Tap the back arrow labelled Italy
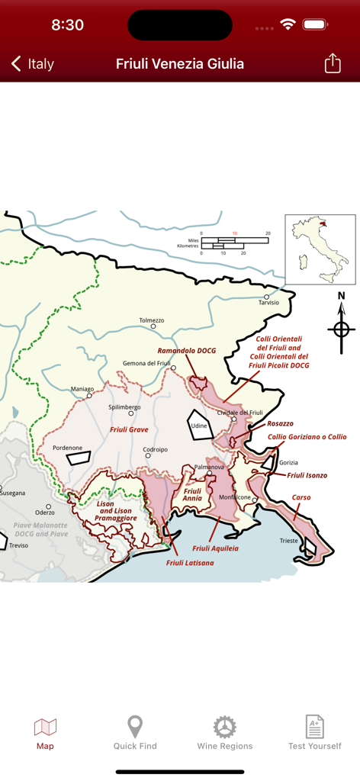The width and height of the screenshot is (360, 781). coord(32,64)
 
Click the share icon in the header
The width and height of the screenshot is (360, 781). coord(333,63)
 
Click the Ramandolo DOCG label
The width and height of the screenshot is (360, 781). coord(187,351)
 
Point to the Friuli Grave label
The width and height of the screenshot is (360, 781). coord(129,429)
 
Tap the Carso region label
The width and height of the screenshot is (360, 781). coord(301,497)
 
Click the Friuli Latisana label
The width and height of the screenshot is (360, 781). coord(190,563)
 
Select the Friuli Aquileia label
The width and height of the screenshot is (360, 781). coord(215,548)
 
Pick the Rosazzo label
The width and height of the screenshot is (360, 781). coord(280,423)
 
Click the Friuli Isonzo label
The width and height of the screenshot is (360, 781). coord(307,475)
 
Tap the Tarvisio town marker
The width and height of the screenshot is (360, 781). coord(267,297)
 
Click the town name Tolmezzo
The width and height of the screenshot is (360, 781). coord(152,320)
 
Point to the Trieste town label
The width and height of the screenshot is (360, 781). coord(289,541)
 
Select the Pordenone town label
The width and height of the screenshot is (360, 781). coord(67,448)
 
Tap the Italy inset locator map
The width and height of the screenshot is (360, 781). coord(320,249)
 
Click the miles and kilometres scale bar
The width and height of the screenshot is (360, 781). coord(234,243)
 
